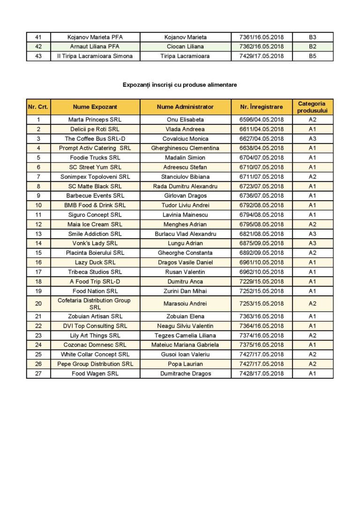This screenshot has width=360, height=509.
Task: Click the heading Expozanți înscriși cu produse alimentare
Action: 180,85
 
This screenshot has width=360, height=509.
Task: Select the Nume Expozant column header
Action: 95,107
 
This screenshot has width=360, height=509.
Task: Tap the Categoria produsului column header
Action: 312,107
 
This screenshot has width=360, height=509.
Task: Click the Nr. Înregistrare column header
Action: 261,107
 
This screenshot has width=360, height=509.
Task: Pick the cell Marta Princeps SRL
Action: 95,120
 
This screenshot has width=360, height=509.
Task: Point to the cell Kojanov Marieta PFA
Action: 95,37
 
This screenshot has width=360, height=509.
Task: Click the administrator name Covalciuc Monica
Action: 185,139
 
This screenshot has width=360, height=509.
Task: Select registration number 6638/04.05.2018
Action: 261,148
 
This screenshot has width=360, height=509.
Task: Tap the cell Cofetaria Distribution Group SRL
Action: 95,304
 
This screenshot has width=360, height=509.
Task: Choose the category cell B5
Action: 312,56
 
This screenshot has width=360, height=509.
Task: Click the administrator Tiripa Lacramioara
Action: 185,56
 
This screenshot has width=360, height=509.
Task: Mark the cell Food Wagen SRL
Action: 95,374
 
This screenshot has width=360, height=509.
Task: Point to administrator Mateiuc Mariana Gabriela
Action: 185,345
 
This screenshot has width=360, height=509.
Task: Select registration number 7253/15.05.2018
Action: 261,304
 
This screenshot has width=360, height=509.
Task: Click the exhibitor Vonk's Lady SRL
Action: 95,243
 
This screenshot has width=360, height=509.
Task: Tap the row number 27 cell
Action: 38,374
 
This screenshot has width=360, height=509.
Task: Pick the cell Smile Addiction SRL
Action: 95,234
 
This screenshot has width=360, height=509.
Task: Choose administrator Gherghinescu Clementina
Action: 185,148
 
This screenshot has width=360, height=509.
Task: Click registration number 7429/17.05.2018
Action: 261,56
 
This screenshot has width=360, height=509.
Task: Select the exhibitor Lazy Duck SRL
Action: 95,262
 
